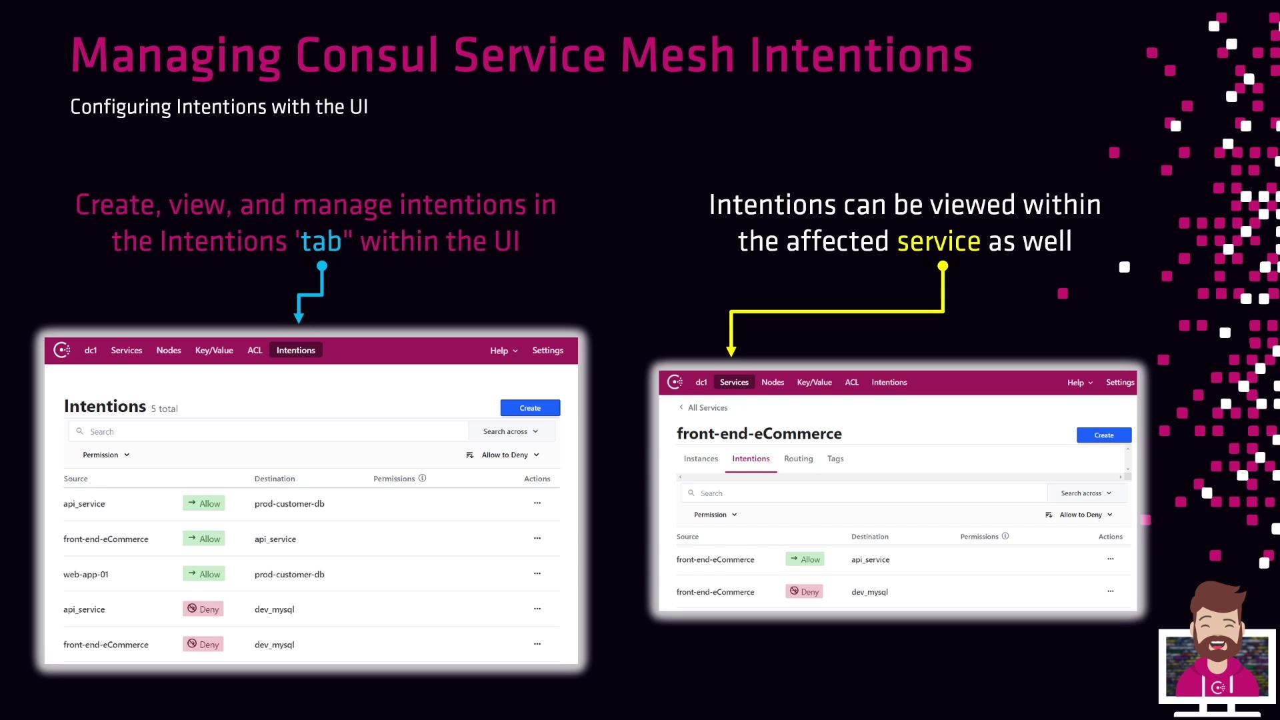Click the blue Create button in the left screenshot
coord(530,408)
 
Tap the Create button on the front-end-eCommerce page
coord(1104,435)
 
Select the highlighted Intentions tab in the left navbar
coord(296,351)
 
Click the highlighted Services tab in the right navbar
coord(734,383)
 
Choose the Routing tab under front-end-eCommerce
coord(798,459)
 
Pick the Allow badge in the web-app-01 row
coord(204,574)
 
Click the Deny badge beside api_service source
coord(203,609)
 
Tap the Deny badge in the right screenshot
coord(805,592)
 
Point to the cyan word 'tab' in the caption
coord(321,241)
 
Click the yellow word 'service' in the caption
coord(939,241)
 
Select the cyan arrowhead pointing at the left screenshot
coord(299,319)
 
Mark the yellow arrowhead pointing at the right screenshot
coord(731,351)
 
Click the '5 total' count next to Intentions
coord(164,409)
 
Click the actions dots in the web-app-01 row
coord(537,574)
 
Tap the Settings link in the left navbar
coord(547,351)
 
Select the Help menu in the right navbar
coord(1080,383)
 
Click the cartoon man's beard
coord(1217,643)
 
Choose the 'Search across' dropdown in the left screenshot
coord(511,432)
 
